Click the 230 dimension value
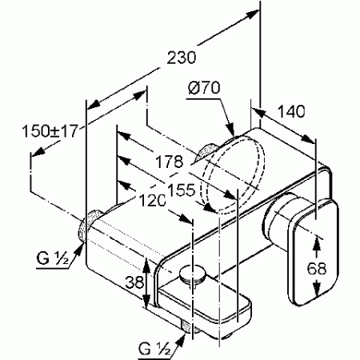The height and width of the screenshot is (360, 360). coord(182,58)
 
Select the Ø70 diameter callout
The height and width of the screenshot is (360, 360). coord(204,88)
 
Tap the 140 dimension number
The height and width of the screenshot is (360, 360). coord(291,111)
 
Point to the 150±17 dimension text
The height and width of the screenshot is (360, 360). coord(50,131)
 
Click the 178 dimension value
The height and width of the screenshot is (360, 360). coord(170,162)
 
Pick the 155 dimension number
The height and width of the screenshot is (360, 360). coord(181,190)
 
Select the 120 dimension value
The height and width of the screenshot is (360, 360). coord(152,200)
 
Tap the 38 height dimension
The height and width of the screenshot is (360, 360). coord(134,282)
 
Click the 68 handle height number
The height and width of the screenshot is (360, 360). coord(317,268)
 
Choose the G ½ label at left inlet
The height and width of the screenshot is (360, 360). coord(53,258)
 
